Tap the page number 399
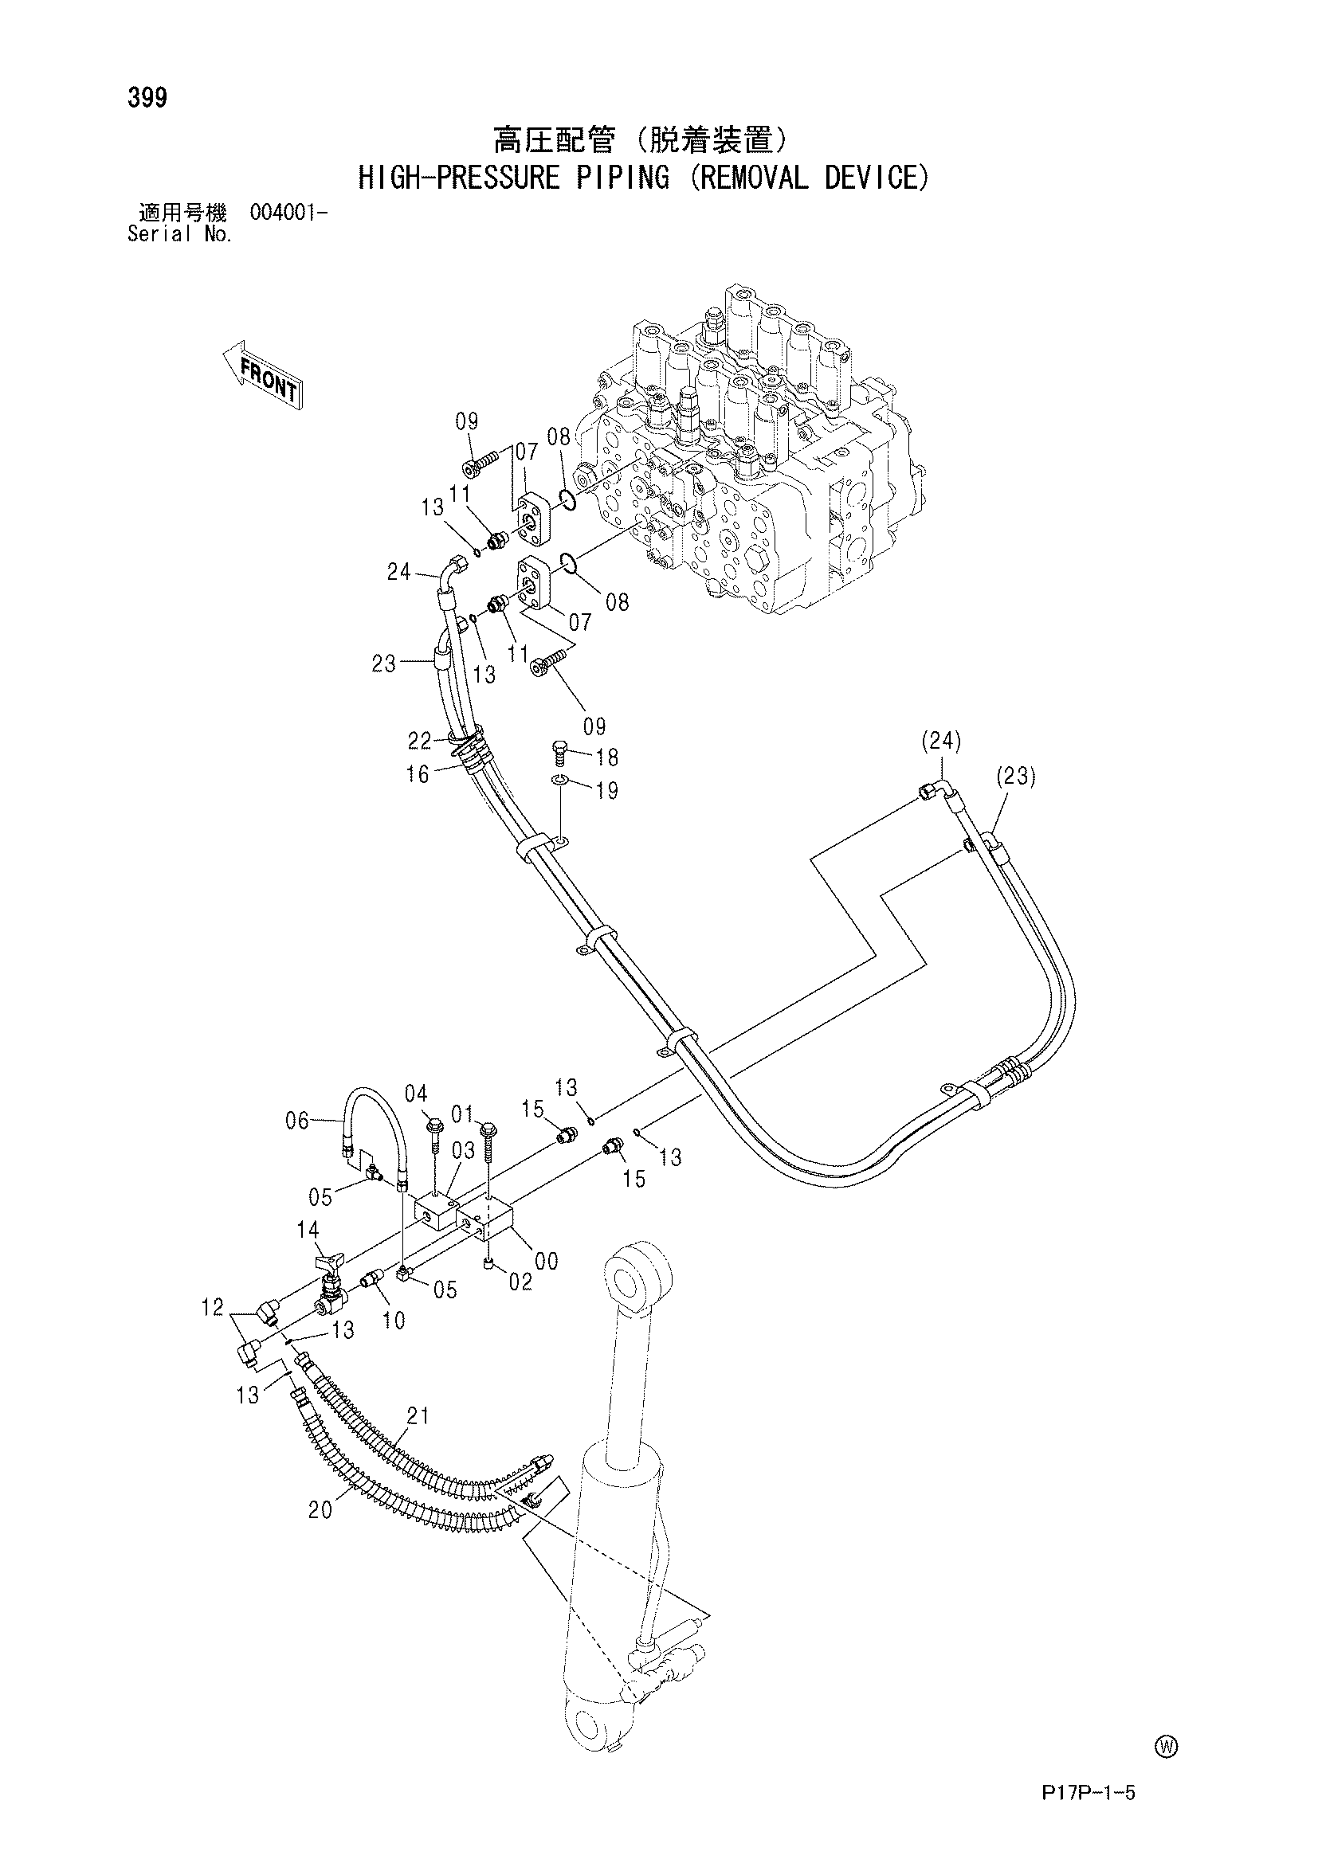(147, 98)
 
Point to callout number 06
(298, 1121)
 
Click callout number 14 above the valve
(308, 1230)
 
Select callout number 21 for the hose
(418, 1416)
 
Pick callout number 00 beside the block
(547, 1260)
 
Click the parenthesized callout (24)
(942, 740)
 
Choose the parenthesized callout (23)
(1015, 777)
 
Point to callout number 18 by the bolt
(607, 757)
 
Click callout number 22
(420, 740)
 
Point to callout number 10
(394, 1320)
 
